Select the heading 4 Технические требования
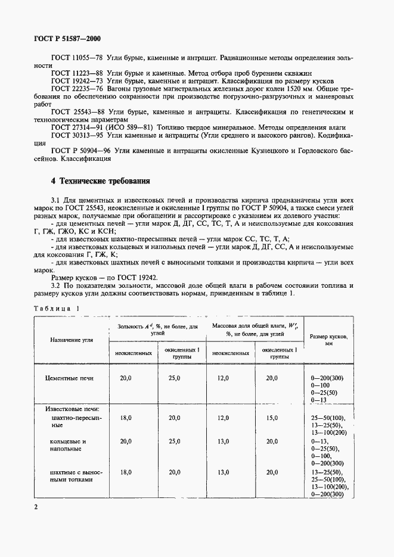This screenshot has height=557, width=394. tap(101, 181)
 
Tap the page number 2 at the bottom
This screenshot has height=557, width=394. tap(36, 507)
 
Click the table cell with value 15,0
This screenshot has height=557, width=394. tap(272, 418)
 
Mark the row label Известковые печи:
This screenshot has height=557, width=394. tap(70, 409)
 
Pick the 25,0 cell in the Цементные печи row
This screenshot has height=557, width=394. tap(174, 378)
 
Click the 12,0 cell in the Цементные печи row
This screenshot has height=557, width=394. tap(223, 378)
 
